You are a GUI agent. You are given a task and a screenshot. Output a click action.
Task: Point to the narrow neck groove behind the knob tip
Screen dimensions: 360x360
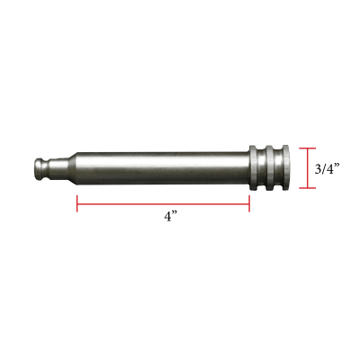47,167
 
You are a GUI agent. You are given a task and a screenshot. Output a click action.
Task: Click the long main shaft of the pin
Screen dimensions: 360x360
162,167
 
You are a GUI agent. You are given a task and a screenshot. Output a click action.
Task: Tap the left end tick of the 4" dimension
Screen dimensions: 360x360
77,204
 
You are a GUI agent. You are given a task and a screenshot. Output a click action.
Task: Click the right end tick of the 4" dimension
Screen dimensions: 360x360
249,204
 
